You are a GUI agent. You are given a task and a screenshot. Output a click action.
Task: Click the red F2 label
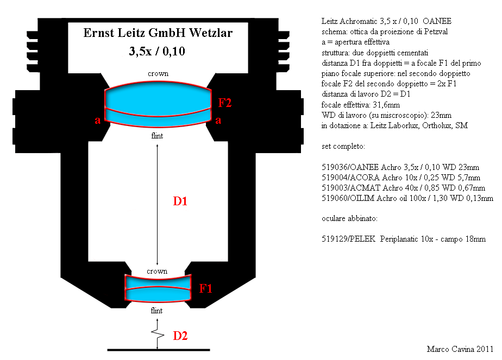click(225, 103)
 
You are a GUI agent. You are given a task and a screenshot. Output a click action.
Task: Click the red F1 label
click(205, 288)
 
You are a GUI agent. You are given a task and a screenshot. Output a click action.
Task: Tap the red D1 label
click(180, 201)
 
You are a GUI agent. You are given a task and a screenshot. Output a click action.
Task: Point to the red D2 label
click(180, 336)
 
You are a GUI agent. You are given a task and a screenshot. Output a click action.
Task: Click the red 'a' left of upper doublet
click(98, 121)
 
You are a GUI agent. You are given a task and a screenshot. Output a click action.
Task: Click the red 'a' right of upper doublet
click(218, 121)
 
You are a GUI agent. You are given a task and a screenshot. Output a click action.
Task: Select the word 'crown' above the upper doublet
click(158, 74)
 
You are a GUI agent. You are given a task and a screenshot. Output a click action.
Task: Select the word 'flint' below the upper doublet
click(157, 136)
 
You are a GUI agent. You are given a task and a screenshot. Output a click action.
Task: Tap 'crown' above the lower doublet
click(157, 271)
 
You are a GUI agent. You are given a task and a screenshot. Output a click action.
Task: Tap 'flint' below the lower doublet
click(156, 311)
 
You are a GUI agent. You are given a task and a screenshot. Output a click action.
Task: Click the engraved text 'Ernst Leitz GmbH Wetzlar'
click(158, 33)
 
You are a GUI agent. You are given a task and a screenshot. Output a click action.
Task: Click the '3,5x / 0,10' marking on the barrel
click(157, 51)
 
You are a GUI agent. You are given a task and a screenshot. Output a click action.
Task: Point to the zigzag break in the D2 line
click(158, 334)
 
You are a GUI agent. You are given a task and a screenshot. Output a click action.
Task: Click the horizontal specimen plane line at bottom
click(159, 350)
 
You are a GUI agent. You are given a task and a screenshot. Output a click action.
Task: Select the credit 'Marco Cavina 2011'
click(460, 349)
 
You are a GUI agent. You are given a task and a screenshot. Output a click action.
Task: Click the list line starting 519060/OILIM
click(407, 198)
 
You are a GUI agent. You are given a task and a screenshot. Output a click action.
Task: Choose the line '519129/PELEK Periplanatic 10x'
click(403, 239)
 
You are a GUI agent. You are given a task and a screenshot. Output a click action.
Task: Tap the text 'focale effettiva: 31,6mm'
click(361, 105)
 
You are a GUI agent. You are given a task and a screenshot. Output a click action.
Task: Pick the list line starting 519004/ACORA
click(401, 177)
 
